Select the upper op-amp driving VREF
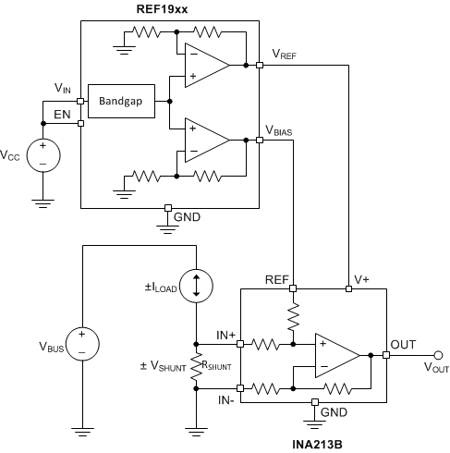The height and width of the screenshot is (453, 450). click(x=205, y=66)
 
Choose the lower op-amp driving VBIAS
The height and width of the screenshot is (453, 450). click(x=205, y=140)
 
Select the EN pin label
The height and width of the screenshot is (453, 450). click(x=63, y=115)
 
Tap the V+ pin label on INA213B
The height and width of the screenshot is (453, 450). click(x=362, y=278)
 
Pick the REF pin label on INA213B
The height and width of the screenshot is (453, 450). click(x=276, y=278)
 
